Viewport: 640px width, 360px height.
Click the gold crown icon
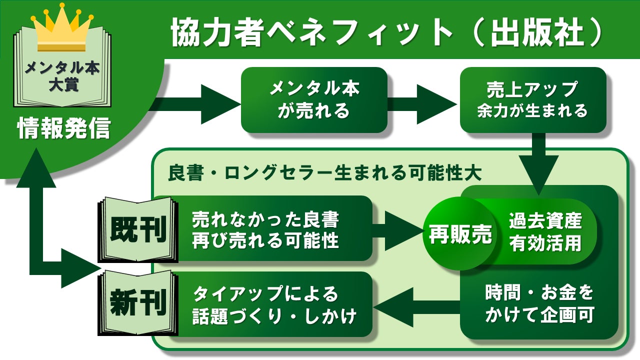[x=62, y=27]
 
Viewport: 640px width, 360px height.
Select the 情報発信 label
[x=63, y=129]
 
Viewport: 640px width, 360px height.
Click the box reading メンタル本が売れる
[x=314, y=100]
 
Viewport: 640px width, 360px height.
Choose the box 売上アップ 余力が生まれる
[x=532, y=100]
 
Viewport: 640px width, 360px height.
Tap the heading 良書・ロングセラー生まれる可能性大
[x=325, y=173]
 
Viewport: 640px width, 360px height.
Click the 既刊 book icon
[x=137, y=230]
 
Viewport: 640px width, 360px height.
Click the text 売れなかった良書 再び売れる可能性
[x=265, y=230]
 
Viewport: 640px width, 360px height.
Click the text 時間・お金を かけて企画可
[x=539, y=304]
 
